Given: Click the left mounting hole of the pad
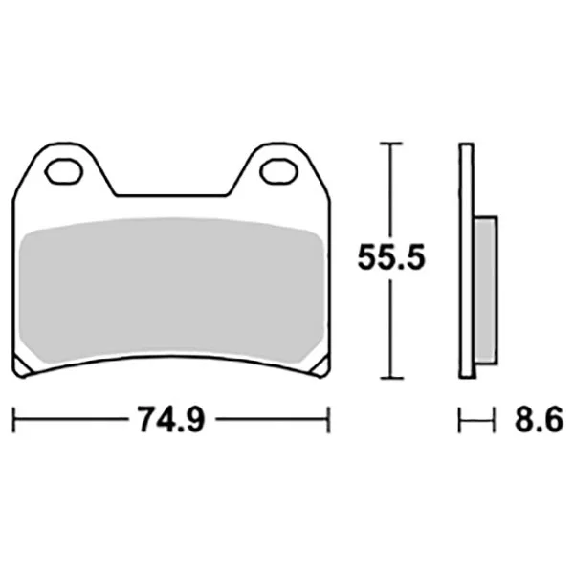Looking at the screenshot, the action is (x=64, y=171).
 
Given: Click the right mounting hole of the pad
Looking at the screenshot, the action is (x=278, y=171).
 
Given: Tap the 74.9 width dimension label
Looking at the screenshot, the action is (x=171, y=419).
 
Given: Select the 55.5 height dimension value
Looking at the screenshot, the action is (x=391, y=257).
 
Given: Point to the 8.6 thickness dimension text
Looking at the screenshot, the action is (x=539, y=419).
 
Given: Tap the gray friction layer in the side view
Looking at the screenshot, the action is (x=485, y=290).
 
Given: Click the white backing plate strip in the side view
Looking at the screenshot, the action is (x=467, y=260).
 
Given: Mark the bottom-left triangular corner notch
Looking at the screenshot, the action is (x=21, y=366).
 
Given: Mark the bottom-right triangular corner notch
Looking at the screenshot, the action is (x=321, y=366).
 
